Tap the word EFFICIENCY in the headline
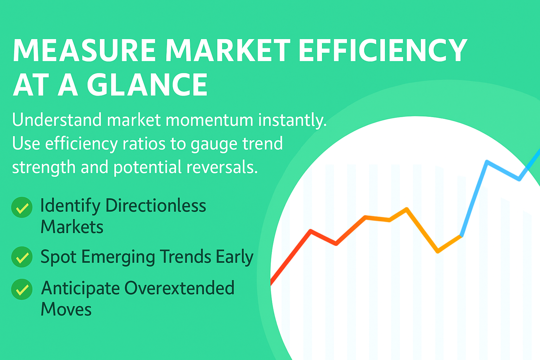tap(382, 50)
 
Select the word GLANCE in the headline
tap(147, 84)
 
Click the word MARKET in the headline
tap(227, 50)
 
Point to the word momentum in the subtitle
tap(209, 120)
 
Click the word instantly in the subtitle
tap(292, 120)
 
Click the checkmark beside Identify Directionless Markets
tap(22, 207)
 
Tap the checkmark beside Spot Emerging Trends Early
tap(22, 257)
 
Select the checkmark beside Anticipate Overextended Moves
tap(22, 289)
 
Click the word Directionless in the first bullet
tap(156, 205)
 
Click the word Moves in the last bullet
tap(66, 309)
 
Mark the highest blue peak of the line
tap(487, 161)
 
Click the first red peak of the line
tap(311, 231)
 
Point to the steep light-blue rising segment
tap(474, 198)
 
